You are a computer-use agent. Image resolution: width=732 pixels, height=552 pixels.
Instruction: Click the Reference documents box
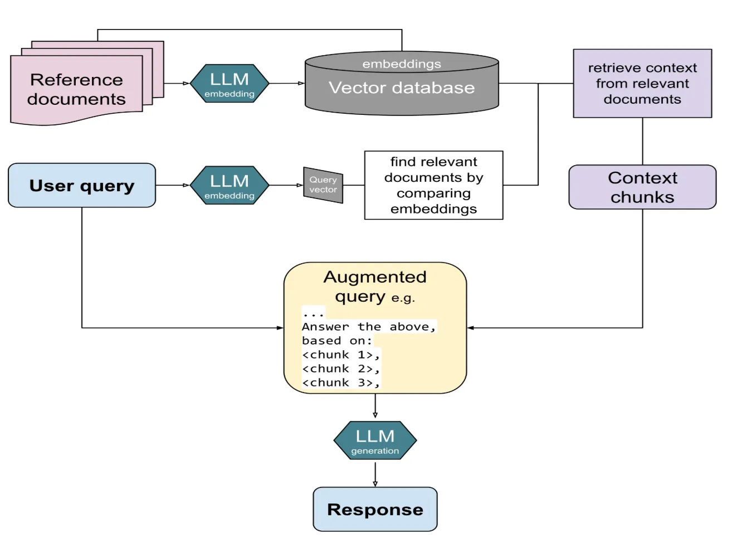click(x=76, y=89)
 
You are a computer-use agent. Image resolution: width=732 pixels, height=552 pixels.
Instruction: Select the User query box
click(x=82, y=185)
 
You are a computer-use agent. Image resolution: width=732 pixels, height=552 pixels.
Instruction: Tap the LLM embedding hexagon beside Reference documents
click(x=230, y=84)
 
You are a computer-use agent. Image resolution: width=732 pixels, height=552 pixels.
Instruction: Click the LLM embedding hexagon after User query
click(x=230, y=185)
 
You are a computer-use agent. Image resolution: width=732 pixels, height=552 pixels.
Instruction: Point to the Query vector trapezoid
click(x=323, y=185)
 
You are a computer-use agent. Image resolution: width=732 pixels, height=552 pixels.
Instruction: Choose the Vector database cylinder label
click(x=402, y=88)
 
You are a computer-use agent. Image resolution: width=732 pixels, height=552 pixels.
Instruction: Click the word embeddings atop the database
click(x=402, y=64)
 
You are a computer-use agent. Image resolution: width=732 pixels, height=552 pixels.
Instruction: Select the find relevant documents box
click(x=433, y=185)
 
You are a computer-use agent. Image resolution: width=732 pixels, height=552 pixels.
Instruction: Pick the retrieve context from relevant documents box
click(x=642, y=84)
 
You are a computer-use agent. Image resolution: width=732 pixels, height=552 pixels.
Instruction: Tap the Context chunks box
click(x=642, y=187)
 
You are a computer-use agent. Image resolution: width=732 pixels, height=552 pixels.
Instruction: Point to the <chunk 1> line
click(x=340, y=355)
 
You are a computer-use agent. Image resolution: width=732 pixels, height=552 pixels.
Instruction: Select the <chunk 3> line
click(x=340, y=382)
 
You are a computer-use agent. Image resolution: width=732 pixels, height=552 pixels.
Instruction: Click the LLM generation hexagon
click(x=375, y=440)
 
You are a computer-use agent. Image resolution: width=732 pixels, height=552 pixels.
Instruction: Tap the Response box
click(x=375, y=509)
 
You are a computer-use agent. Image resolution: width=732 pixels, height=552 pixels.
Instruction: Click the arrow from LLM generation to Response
click(x=375, y=474)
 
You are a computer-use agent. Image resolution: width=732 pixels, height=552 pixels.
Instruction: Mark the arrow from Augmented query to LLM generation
click(x=375, y=406)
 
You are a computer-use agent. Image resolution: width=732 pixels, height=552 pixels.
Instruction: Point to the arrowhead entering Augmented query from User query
click(x=280, y=328)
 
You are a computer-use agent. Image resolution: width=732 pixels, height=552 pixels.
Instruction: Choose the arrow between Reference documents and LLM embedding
click(x=177, y=84)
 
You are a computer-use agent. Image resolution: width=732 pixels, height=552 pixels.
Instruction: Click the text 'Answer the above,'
click(x=368, y=327)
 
